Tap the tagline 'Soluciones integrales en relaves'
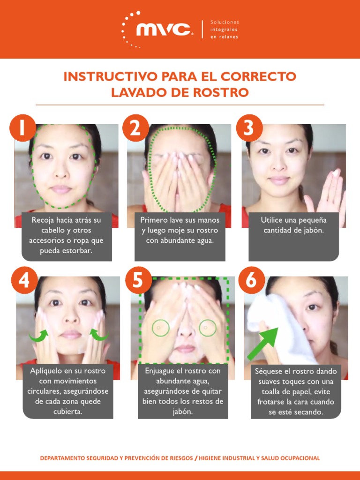click(224, 29)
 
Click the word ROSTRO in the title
click(220, 92)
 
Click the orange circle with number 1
click(22, 127)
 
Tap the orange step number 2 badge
click(136, 127)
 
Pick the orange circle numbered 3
click(249, 127)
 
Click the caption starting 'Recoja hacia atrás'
click(66, 235)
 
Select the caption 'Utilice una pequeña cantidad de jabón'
click(293, 225)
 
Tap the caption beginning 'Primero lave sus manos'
click(180, 230)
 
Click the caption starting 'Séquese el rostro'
click(295, 392)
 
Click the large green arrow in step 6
click(264, 344)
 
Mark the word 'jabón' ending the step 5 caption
click(182, 412)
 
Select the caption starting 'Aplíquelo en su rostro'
click(67, 391)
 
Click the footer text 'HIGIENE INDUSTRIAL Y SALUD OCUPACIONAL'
click(259, 458)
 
